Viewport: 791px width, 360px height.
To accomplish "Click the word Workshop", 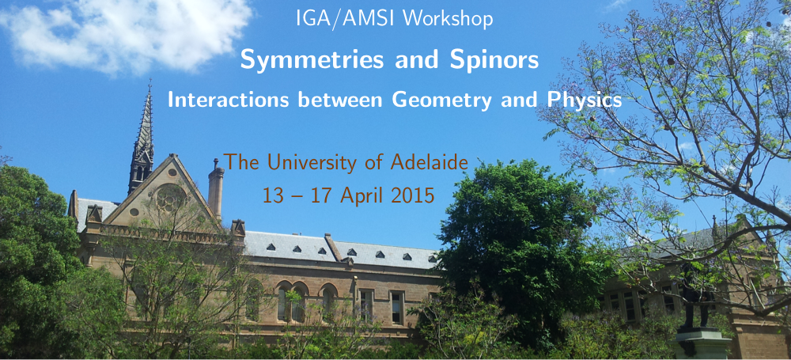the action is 448,19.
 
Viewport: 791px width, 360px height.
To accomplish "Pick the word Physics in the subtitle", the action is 585,100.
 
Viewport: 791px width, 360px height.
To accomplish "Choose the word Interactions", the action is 229,100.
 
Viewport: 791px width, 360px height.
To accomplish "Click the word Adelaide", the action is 429,162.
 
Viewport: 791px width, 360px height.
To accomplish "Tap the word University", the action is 317,162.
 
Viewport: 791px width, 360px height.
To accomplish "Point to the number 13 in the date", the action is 273,195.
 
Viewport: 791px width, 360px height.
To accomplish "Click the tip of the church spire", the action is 149,80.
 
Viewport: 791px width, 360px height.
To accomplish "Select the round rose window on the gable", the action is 171,198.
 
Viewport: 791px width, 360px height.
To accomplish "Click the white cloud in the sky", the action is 126,32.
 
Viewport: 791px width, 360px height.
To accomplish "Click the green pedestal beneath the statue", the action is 704,343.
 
